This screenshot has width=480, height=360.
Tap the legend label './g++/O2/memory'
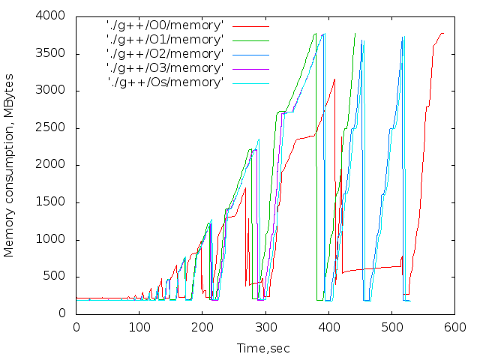[x=165, y=54]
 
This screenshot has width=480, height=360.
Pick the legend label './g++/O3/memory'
[x=165, y=68]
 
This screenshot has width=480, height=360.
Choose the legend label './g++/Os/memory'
[x=165, y=82]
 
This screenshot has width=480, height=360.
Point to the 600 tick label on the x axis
[x=455, y=327]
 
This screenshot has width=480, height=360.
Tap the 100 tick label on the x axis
[x=139, y=327]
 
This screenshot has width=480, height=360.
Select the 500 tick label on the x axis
[x=392, y=327]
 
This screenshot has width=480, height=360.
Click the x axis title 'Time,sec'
[x=263, y=348]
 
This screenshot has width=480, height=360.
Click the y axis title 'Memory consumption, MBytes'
[x=10, y=165]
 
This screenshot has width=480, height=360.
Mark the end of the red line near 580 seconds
[x=443, y=33]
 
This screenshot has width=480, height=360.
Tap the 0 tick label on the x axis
[x=76, y=327]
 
